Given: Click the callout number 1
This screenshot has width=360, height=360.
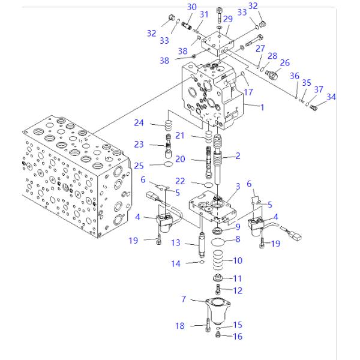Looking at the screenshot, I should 262,107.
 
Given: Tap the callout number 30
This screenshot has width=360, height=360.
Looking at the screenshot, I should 191,7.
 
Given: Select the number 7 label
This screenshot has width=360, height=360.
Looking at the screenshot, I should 184,298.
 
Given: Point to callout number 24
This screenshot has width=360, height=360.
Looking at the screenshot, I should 139,124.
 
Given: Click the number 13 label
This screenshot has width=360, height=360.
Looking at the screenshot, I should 175,243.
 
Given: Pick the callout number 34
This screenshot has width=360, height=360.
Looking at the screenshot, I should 331,97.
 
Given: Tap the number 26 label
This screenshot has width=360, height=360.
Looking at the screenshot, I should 284,62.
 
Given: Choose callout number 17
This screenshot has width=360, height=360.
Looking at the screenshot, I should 247,92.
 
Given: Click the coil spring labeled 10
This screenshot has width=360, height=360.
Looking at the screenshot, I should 219,262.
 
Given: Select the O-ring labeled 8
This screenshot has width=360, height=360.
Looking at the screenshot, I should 220,241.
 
